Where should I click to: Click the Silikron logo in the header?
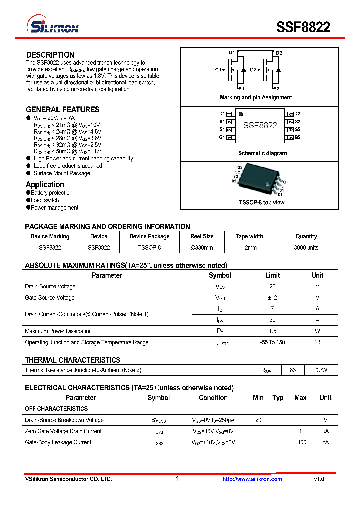pos(52,26)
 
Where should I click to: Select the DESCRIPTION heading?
pos(50,55)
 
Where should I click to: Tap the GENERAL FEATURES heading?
pos(62,109)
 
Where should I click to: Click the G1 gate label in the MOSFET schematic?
pos(218,70)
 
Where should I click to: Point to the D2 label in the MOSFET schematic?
pos(279,53)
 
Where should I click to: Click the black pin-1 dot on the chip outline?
pos(240,114)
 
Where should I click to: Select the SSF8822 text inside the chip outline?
pos(260,125)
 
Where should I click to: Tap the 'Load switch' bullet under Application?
pos(45,200)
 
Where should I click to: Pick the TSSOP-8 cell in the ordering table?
pos(149,247)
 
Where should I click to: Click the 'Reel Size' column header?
pos(202,236)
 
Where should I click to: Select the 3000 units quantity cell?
pos(306,247)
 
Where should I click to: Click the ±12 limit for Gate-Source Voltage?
pos(272,298)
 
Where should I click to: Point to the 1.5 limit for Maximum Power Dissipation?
pos(272,331)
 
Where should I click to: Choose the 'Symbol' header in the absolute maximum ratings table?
pos(220,275)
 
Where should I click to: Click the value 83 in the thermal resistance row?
pos(293,370)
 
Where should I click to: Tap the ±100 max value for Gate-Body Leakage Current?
pos(300,442)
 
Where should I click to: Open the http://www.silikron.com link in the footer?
pos(252,479)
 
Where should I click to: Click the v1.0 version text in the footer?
pos(319,479)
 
